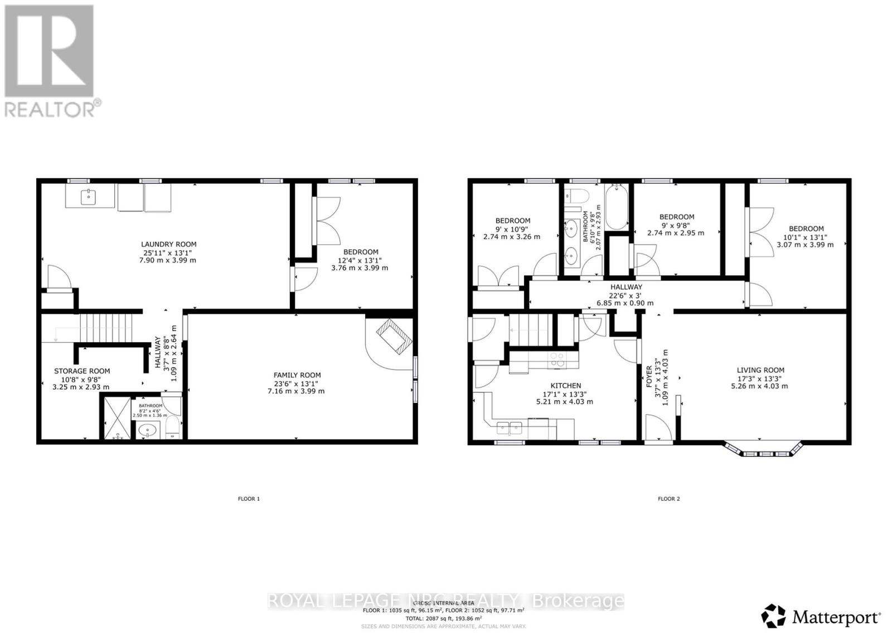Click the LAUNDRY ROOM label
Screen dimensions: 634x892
click(168, 244)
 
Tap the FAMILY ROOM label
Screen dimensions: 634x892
click(297, 375)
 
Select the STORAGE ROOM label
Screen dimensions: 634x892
click(81, 371)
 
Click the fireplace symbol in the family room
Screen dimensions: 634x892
click(394, 335)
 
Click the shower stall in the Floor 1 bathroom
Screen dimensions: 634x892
click(117, 416)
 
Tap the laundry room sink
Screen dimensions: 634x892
click(89, 197)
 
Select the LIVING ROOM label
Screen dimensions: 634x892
click(760, 370)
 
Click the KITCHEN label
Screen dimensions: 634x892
click(565, 386)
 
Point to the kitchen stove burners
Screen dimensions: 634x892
click(556, 360)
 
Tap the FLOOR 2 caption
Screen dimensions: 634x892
click(668, 499)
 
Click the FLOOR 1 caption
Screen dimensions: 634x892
click(249, 499)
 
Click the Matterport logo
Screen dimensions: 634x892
click(821, 616)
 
